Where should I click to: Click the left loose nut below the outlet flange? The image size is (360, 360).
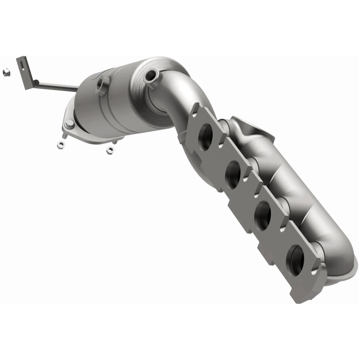point(60,145)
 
